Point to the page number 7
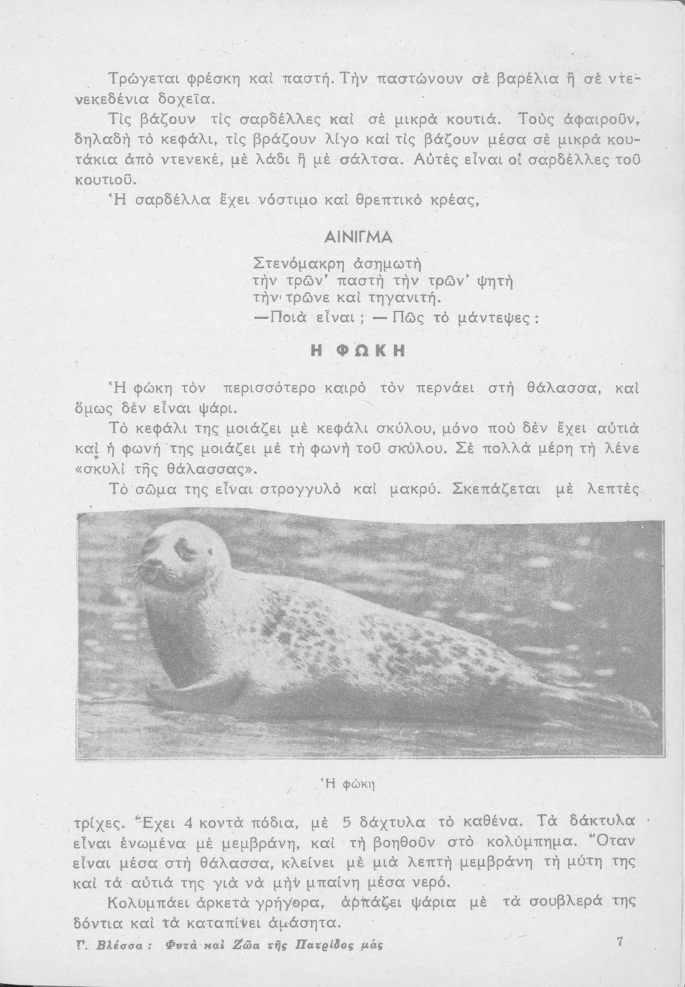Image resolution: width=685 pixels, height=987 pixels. tap(619, 942)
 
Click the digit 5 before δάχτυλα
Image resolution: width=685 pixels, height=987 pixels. tap(347, 822)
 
